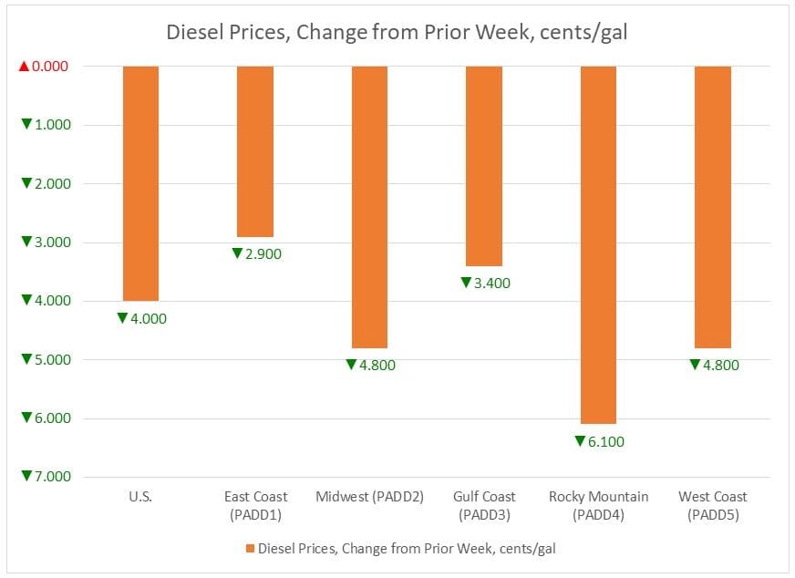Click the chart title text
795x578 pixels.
click(x=397, y=33)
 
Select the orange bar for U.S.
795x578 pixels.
click(x=141, y=182)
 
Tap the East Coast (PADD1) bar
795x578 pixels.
click(x=255, y=151)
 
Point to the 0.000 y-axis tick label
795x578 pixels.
click(x=51, y=67)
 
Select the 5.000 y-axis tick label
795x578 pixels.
click(x=51, y=360)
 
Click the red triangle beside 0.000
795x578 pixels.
click(x=25, y=67)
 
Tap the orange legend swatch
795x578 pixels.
click(x=250, y=549)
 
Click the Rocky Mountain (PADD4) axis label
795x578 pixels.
click(x=598, y=505)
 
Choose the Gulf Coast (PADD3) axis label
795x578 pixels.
click(x=484, y=505)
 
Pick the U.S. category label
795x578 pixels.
click(x=141, y=497)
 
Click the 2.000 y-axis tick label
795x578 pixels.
click(x=51, y=184)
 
